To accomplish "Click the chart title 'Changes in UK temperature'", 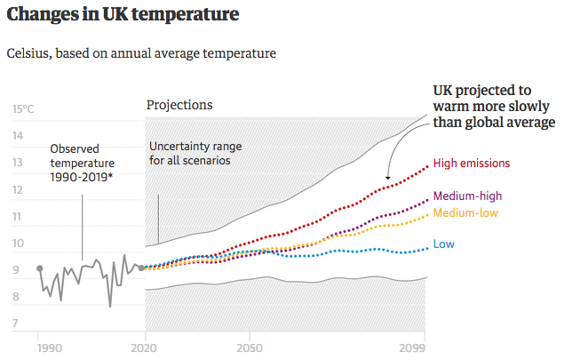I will [123, 15].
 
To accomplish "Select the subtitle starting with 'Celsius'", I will [141, 53].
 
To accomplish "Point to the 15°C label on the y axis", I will [23, 109].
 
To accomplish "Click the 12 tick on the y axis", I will [17, 190].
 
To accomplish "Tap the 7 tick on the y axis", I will [17, 324].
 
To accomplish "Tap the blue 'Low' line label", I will [444, 244].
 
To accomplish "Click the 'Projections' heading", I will [179, 105].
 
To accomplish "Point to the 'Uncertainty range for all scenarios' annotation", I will [195, 154].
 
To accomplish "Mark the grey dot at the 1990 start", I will [39, 268].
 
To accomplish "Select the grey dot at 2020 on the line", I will [142, 268].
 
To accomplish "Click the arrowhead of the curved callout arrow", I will [389, 181].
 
